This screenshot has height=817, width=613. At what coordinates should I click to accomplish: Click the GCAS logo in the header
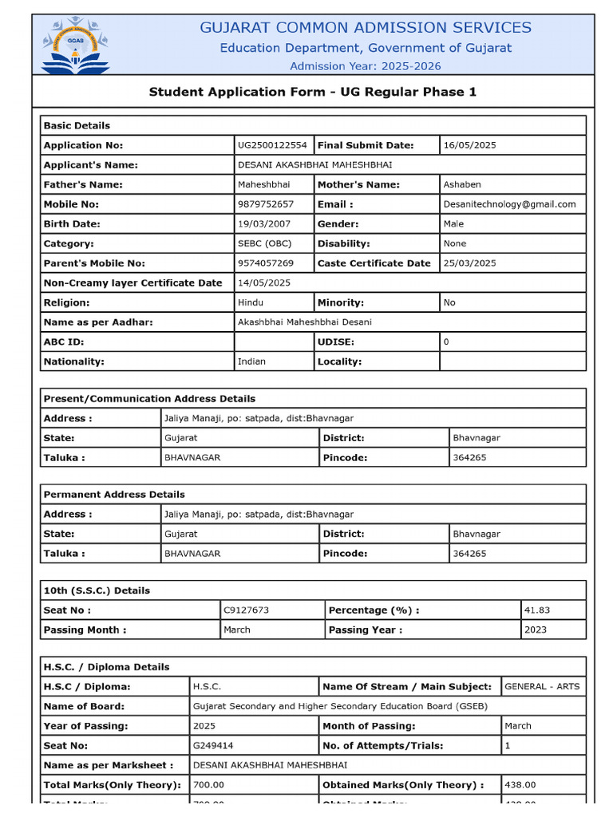point(76,46)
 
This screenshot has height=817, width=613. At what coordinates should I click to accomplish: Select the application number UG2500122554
point(272,145)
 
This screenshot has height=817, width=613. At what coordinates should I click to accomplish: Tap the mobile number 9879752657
point(266,204)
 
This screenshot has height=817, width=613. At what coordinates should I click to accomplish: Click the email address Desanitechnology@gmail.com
point(509,204)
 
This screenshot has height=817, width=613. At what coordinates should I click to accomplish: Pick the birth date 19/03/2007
point(264,224)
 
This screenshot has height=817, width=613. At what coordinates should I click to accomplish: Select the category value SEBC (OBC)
point(264,243)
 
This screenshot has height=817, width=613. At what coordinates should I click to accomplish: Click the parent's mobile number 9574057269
point(266,263)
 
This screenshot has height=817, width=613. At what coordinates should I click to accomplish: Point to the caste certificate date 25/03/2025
point(469,263)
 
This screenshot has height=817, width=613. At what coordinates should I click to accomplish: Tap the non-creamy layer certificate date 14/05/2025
point(264,283)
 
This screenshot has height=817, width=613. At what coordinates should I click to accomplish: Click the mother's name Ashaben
point(462,184)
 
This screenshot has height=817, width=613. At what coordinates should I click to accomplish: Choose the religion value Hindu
point(251,302)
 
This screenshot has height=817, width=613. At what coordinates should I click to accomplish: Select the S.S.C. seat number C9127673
point(247,610)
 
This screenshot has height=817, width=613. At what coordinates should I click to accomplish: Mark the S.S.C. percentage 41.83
point(537,610)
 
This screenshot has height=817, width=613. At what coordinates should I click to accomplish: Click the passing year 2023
point(536,630)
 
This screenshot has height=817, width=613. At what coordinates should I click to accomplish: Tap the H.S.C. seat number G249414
point(213,745)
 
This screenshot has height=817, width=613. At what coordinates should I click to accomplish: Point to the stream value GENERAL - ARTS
point(542,686)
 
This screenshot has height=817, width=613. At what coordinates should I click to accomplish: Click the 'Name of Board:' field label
point(84,706)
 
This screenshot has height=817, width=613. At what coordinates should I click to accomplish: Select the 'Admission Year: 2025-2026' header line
point(365,66)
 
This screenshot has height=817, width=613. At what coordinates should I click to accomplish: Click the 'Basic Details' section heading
point(77,125)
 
